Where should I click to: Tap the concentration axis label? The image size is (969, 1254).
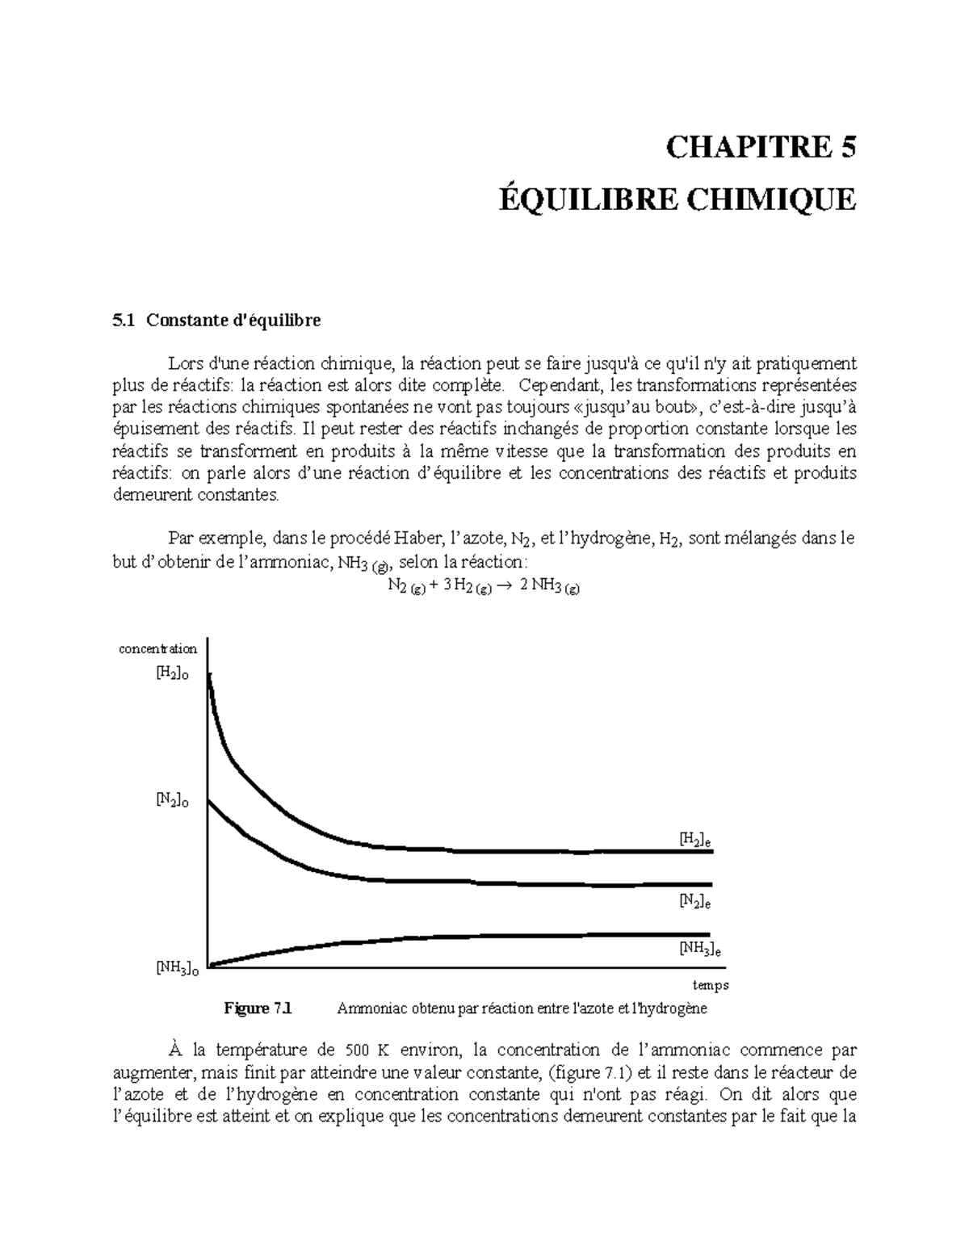point(157,648)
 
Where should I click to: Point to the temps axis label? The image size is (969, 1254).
point(711,985)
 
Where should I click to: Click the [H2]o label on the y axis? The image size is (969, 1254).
point(172,674)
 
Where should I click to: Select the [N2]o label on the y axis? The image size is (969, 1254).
point(172,800)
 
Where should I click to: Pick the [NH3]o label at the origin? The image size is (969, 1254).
point(177,968)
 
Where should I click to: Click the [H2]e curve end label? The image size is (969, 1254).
point(695,840)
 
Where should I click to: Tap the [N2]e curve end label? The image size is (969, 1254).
point(694,900)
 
